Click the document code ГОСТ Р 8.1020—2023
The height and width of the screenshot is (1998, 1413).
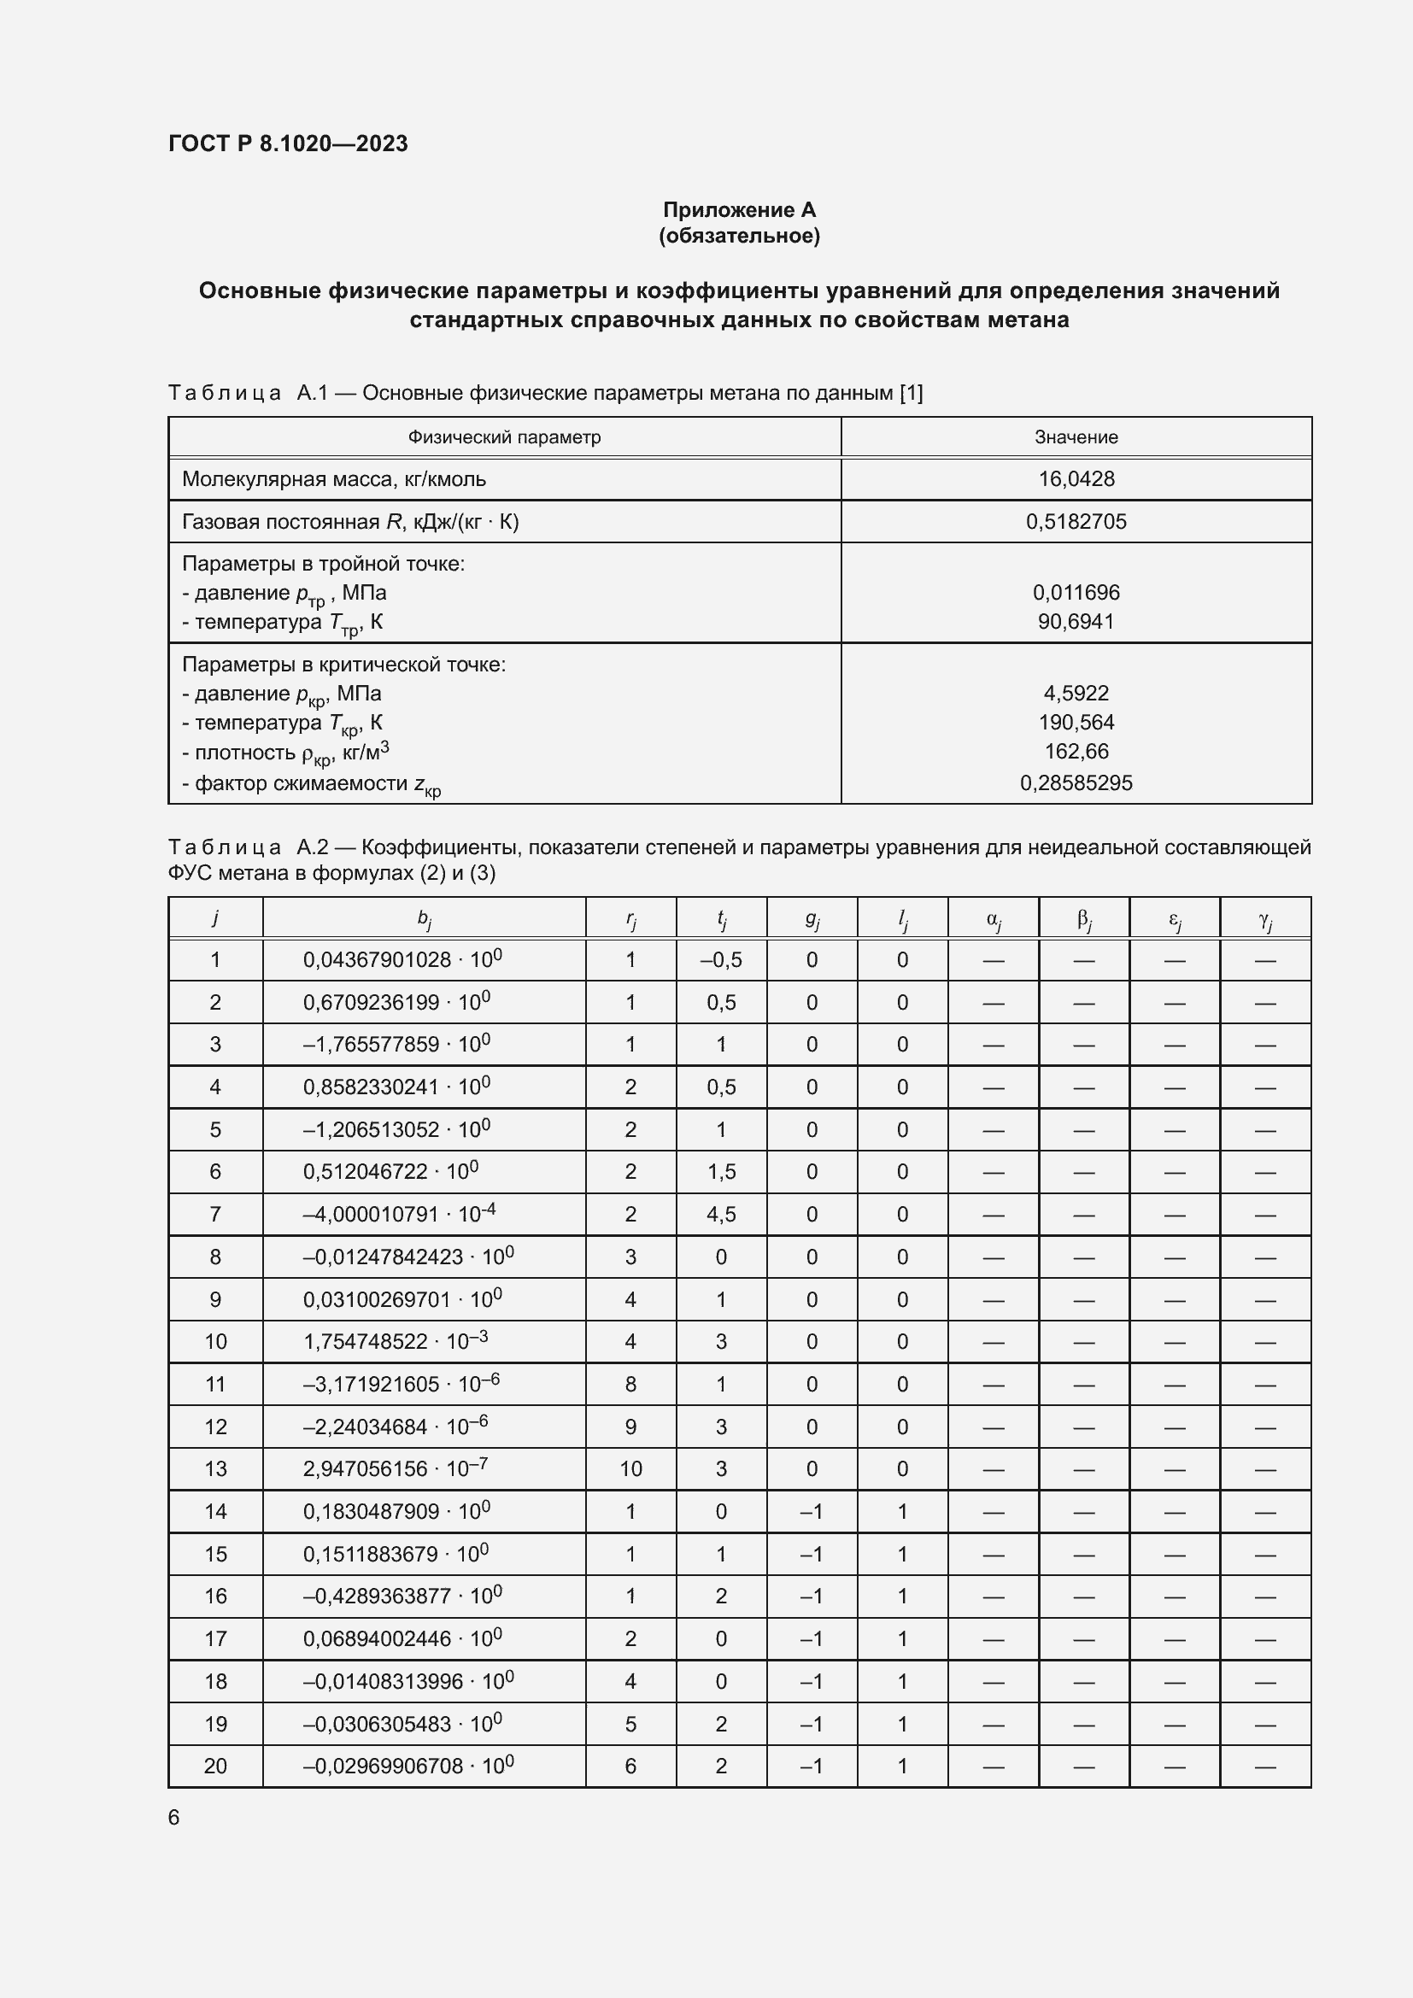pos(288,144)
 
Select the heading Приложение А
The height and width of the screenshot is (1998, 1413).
pos(739,210)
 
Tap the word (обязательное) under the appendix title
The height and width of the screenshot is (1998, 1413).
pos(739,236)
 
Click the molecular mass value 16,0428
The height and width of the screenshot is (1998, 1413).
pos(1076,478)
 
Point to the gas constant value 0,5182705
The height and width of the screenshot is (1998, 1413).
pos(1076,521)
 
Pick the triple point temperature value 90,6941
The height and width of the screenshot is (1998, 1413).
pos(1076,621)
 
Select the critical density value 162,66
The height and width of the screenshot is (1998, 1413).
pos(1076,751)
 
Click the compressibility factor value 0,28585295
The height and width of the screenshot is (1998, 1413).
pos(1076,782)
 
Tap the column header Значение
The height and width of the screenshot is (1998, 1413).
pos(1076,437)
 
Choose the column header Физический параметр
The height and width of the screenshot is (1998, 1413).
pos(504,437)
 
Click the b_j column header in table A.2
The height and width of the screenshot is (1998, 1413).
pos(424,918)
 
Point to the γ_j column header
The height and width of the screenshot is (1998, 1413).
pos(1265,918)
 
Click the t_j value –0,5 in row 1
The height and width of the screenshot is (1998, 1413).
pos(720,960)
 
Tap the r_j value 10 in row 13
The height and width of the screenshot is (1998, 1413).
pos(630,1469)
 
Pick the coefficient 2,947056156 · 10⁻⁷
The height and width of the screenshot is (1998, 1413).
pos(395,1469)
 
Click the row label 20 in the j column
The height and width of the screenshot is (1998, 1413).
pos(215,1766)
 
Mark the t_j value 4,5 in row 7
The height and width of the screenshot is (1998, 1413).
pos(720,1214)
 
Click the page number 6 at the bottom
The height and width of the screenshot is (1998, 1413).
pos(174,1818)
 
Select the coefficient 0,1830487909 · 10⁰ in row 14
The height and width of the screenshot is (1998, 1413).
pos(396,1512)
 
